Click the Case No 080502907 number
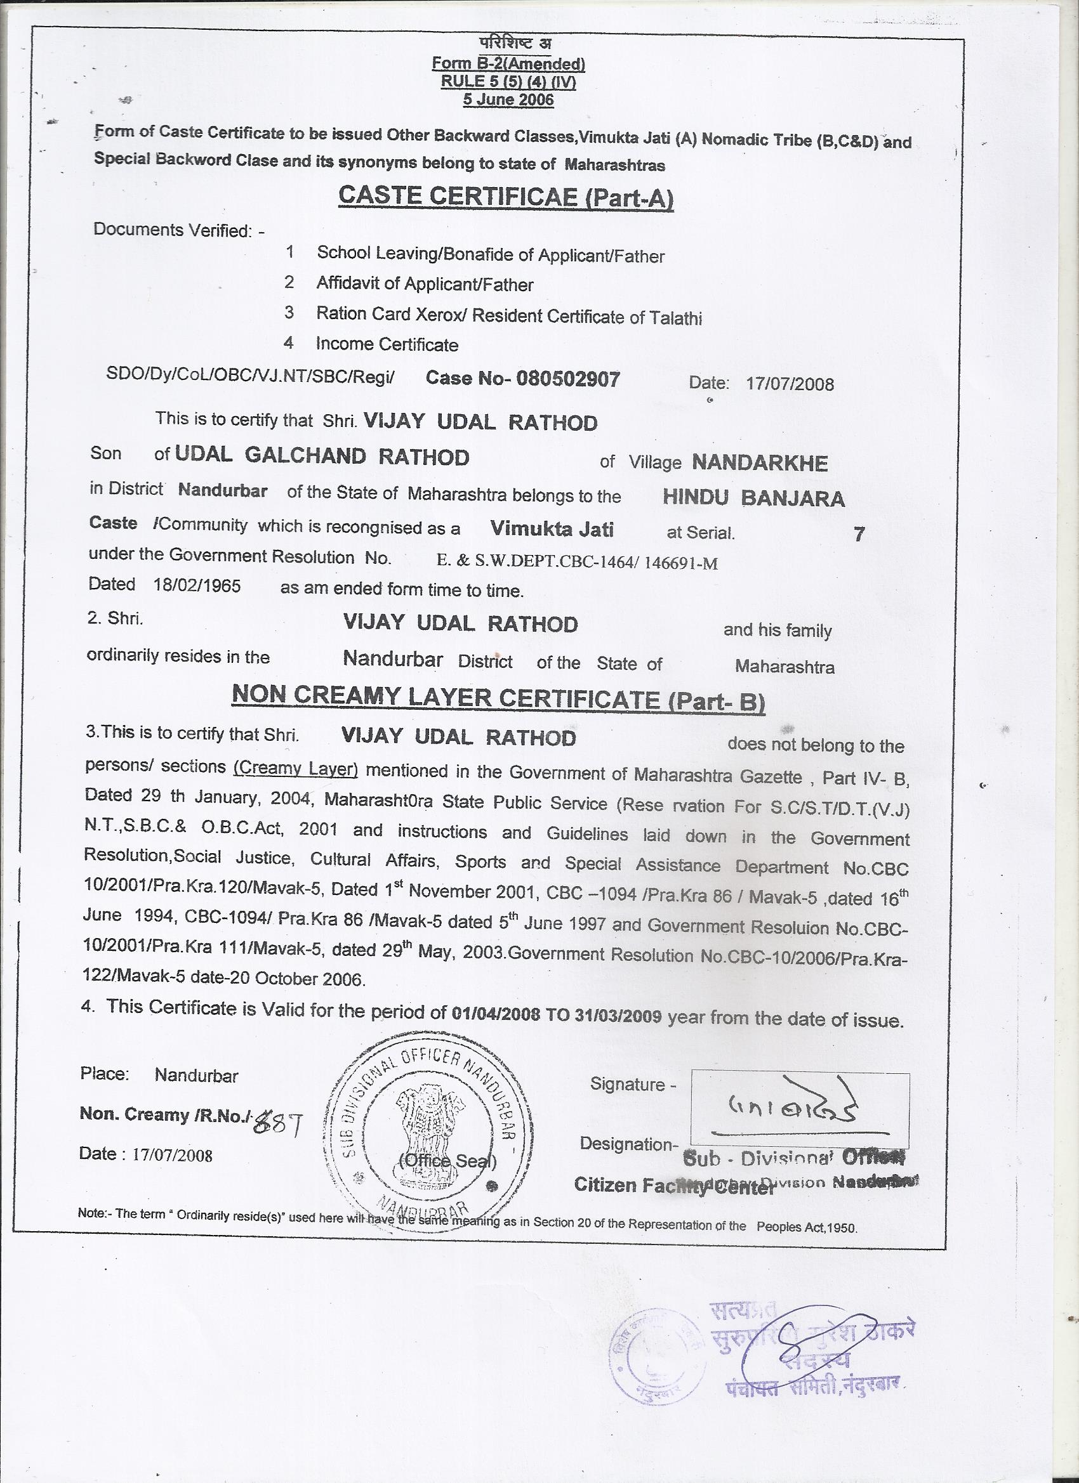(x=568, y=379)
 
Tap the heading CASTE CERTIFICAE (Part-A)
(x=506, y=196)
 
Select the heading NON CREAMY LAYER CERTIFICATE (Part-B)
(x=499, y=698)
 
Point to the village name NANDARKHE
(x=760, y=463)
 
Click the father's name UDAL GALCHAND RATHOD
(x=322, y=457)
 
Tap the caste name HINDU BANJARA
(x=754, y=499)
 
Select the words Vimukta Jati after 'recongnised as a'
(x=552, y=528)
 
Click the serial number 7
(x=859, y=534)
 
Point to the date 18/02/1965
(x=197, y=585)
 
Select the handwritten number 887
(x=276, y=1124)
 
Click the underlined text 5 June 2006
(x=508, y=100)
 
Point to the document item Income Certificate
(x=387, y=344)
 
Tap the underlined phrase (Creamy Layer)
(x=296, y=768)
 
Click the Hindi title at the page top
(x=515, y=44)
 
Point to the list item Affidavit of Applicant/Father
(x=425, y=284)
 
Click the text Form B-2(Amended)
(x=508, y=64)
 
